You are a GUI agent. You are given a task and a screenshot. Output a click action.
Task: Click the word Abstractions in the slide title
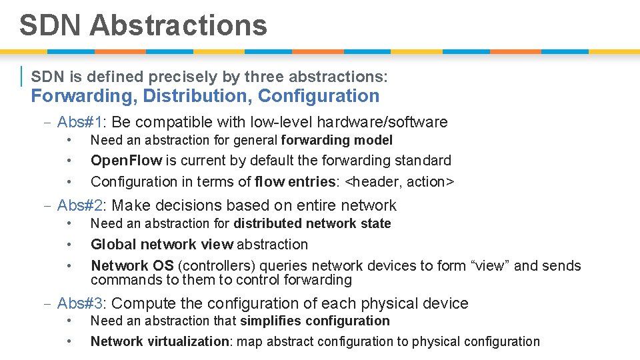(178, 25)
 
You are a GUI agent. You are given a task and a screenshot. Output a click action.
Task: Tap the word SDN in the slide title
(51, 25)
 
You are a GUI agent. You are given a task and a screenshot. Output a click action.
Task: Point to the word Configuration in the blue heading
(319, 96)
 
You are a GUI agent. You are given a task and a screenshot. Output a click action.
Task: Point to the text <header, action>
(403, 181)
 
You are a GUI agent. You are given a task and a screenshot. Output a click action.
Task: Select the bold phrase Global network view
(162, 245)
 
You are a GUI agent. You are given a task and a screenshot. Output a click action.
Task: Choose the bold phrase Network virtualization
(159, 341)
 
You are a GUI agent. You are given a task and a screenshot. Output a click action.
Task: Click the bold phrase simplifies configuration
(315, 321)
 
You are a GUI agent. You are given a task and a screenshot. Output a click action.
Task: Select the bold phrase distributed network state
(312, 223)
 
